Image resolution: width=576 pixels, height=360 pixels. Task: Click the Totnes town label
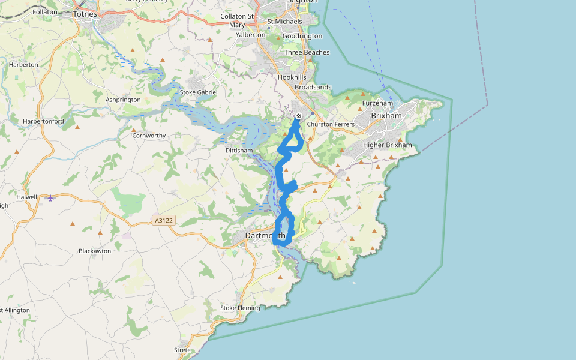(x=84, y=13)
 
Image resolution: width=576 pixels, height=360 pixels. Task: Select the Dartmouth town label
(x=265, y=236)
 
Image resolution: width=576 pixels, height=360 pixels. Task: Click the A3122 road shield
(x=163, y=221)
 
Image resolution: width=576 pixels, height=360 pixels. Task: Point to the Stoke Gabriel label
(x=199, y=92)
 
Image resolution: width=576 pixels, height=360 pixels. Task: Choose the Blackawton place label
(x=95, y=251)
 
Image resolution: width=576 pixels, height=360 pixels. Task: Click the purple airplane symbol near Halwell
(x=51, y=198)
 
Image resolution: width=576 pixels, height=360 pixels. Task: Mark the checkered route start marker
(x=298, y=116)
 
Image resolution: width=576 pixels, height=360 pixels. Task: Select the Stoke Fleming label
(x=240, y=308)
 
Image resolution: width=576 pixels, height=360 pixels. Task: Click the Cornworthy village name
(x=149, y=136)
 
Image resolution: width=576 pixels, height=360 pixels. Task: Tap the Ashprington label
(x=123, y=100)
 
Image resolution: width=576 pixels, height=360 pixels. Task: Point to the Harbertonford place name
(x=43, y=121)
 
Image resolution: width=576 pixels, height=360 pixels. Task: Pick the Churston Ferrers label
(x=331, y=124)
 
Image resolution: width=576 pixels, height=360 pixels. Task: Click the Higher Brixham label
(x=388, y=145)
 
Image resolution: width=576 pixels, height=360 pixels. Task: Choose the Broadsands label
(x=313, y=87)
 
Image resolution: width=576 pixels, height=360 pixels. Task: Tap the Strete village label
(x=182, y=350)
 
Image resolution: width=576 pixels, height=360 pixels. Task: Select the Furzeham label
(x=377, y=103)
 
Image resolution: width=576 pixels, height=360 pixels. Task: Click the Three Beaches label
(x=307, y=52)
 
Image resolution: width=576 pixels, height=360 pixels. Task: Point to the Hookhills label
(x=292, y=77)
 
